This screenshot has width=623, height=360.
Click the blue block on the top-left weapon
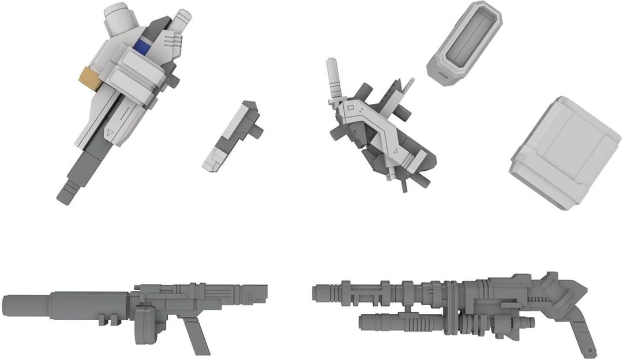point(142,46)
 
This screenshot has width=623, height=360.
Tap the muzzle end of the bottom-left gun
point(6,304)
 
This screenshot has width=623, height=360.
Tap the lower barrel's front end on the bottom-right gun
point(362,321)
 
